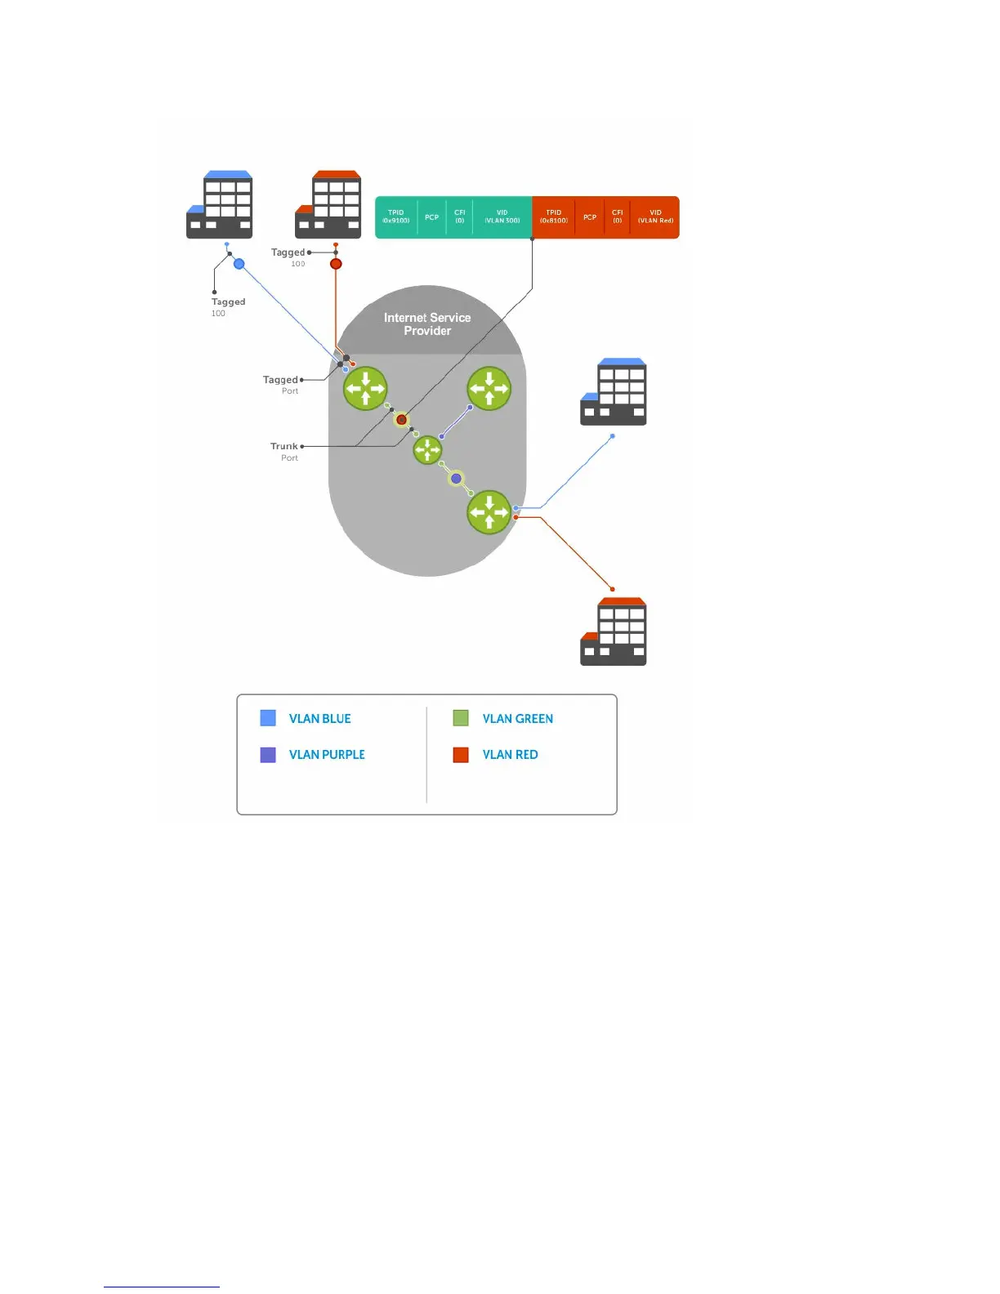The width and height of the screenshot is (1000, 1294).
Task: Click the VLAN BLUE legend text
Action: coord(319,719)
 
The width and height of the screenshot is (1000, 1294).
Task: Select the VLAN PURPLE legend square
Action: coord(268,755)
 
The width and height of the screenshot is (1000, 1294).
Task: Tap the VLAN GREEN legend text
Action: coord(517,719)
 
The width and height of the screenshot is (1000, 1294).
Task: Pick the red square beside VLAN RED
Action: coord(461,755)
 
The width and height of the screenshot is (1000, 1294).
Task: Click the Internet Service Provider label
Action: coord(427,324)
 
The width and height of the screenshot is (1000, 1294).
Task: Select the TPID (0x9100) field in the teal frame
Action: coord(396,216)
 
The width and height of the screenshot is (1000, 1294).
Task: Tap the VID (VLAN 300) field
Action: coord(502,216)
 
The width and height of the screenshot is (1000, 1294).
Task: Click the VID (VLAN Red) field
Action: coord(655,216)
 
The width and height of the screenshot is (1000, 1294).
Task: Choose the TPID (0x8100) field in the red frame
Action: coord(553,216)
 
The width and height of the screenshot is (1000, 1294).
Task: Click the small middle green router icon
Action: coord(427,450)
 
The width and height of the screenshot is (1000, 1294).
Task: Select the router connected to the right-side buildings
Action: coord(489,512)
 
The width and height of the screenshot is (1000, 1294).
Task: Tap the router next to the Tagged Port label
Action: coord(365,388)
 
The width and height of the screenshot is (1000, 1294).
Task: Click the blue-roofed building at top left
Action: coord(220,205)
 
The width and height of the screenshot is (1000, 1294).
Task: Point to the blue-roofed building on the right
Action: coord(614,392)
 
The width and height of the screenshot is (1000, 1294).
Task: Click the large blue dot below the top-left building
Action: coord(239,264)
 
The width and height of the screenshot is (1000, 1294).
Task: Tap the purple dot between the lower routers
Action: coord(457,479)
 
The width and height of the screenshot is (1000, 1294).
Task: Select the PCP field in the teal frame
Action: coord(431,217)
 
